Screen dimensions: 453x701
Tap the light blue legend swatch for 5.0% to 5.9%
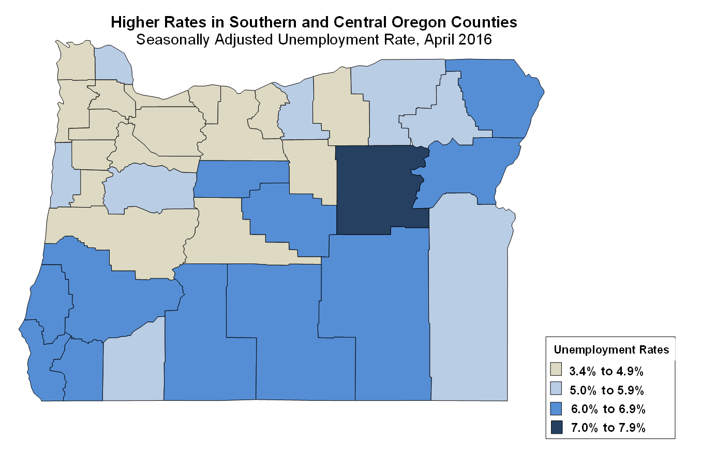click(557, 389)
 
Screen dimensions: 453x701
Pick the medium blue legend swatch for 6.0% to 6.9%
click(557, 408)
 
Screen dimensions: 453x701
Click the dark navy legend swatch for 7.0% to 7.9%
click(557, 427)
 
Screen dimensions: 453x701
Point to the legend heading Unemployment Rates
click(611, 350)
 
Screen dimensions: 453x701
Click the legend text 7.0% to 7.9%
click(607, 428)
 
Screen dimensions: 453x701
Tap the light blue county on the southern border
click(133, 368)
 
